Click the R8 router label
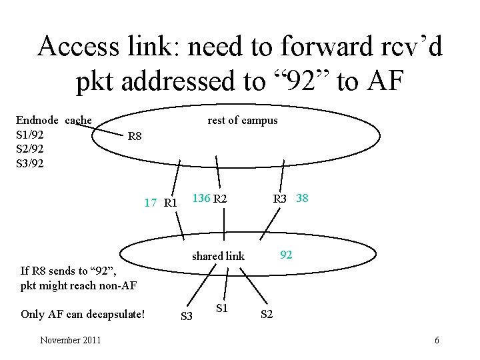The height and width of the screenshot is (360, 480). click(x=135, y=137)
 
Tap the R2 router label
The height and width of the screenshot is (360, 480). click(x=220, y=198)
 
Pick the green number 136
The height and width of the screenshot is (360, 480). click(x=201, y=198)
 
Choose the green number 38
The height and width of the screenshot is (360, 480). click(x=302, y=198)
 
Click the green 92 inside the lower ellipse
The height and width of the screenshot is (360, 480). click(x=286, y=254)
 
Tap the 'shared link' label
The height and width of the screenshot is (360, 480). click(x=218, y=256)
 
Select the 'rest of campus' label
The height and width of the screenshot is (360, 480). click(x=243, y=120)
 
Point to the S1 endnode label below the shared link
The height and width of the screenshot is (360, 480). click(x=223, y=308)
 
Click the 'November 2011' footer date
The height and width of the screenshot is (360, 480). click(x=71, y=341)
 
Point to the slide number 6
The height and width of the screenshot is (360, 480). click(x=437, y=341)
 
